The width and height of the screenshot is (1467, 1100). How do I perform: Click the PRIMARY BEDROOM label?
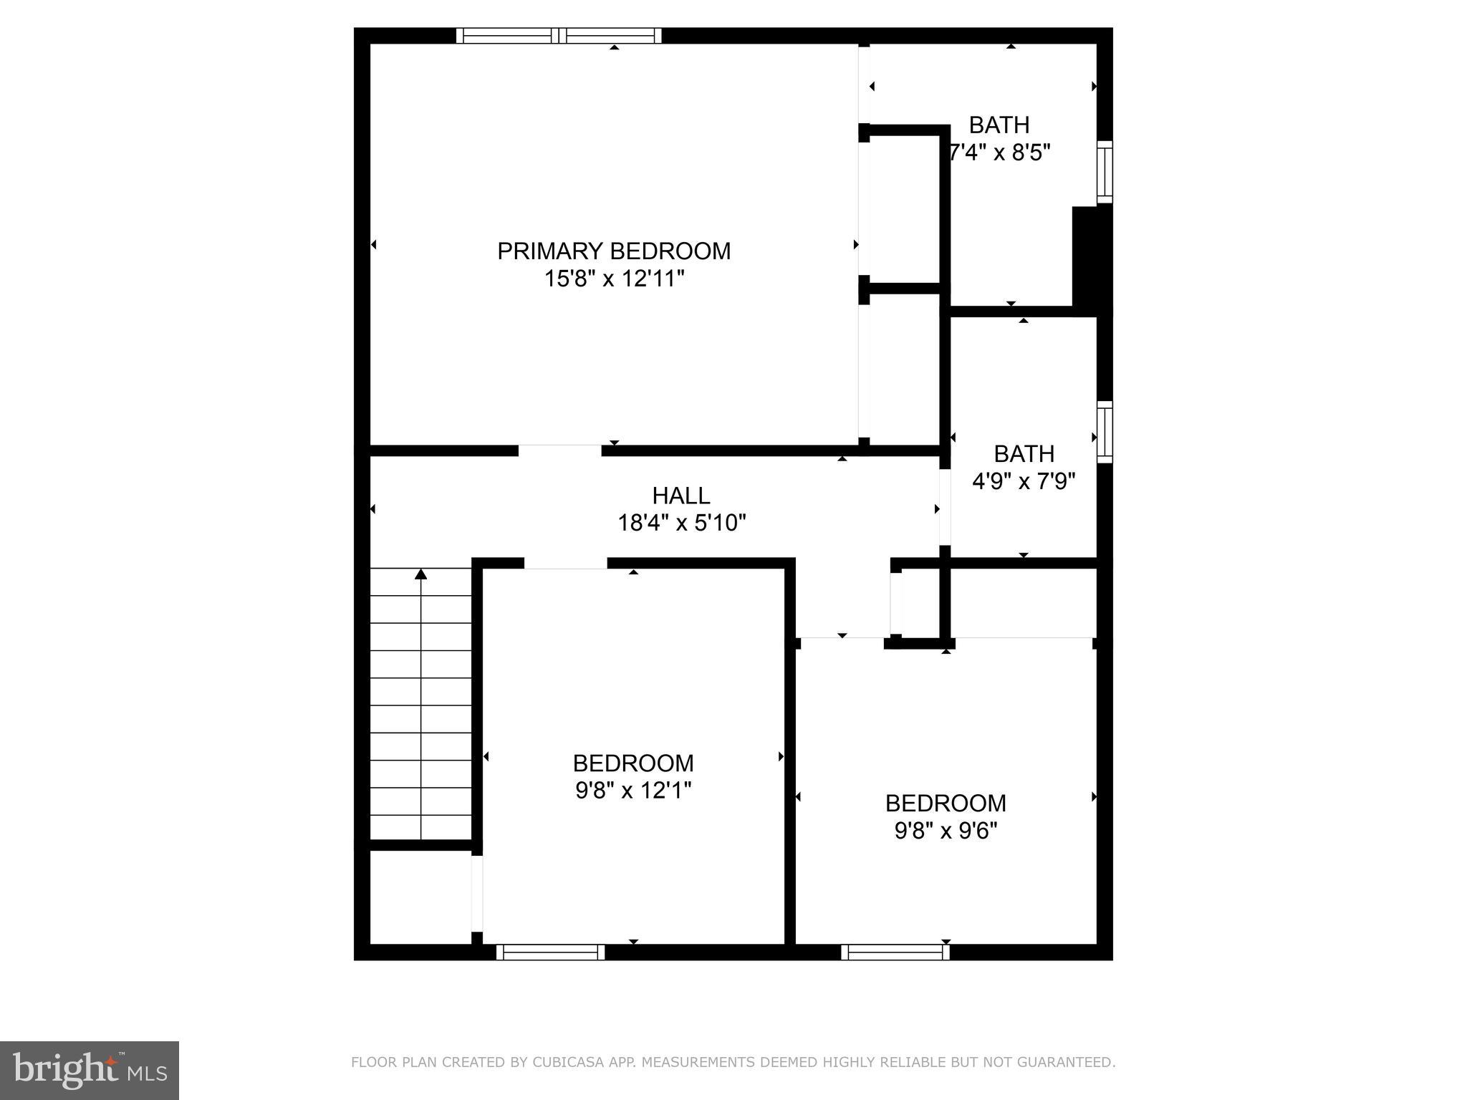point(614,251)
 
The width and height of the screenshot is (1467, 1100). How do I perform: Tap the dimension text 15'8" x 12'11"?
point(614,279)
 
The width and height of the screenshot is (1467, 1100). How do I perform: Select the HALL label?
point(680,496)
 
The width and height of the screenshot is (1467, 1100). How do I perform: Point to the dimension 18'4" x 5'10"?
point(681,523)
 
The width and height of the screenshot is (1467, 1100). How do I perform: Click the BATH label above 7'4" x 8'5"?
point(999,125)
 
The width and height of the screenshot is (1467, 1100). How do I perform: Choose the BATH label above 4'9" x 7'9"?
point(1024,454)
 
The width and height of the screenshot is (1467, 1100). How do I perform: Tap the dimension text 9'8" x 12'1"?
point(633,791)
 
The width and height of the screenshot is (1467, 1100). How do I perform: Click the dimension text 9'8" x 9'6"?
point(946,831)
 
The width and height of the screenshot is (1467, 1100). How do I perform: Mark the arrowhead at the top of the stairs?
point(421,574)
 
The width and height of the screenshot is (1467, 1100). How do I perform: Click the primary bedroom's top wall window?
point(559,36)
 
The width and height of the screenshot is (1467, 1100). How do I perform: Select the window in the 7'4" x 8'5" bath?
point(1105,172)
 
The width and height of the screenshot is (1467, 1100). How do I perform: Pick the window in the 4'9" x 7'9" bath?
point(1105,432)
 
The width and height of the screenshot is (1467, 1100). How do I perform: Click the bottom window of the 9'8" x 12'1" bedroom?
point(550,952)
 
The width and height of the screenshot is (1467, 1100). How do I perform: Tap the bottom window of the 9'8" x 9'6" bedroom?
point(895,952)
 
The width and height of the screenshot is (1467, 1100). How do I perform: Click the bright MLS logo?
point(90,1070)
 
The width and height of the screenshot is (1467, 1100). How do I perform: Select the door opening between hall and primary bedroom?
point(559,450)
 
